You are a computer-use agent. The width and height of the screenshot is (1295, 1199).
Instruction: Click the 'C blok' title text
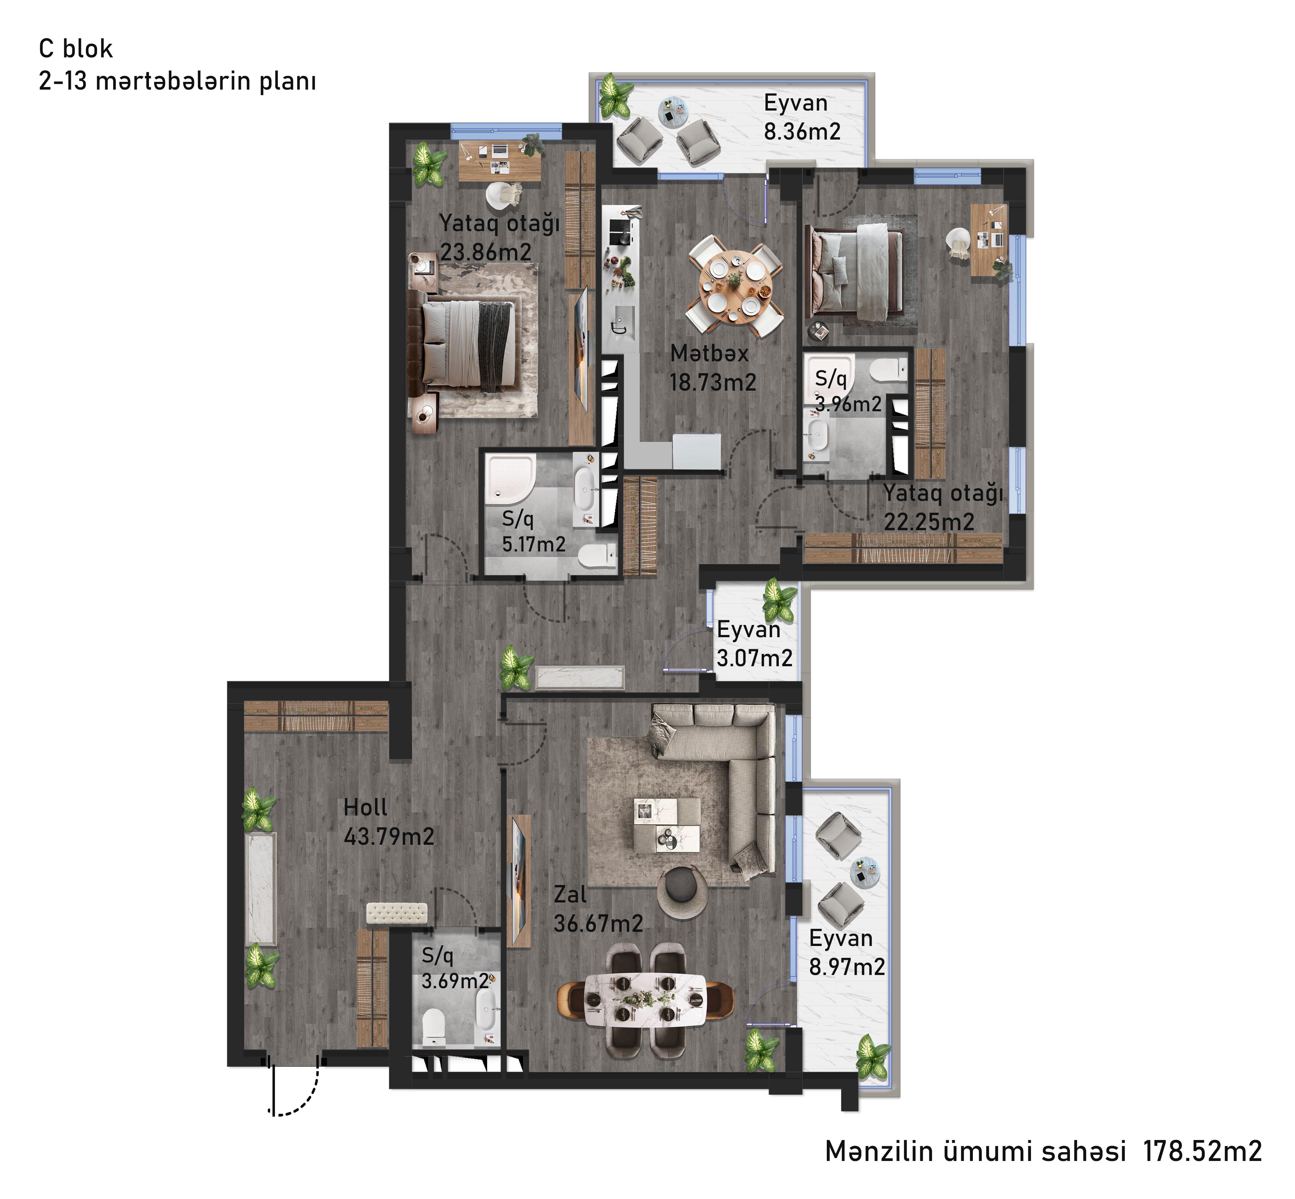(76, 49)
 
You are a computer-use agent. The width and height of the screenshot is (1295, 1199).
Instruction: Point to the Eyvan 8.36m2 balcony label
(802, 117)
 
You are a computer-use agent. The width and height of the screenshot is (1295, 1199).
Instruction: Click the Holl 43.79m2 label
(388, 821)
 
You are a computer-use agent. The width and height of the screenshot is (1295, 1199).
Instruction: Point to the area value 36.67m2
(598, 923)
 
